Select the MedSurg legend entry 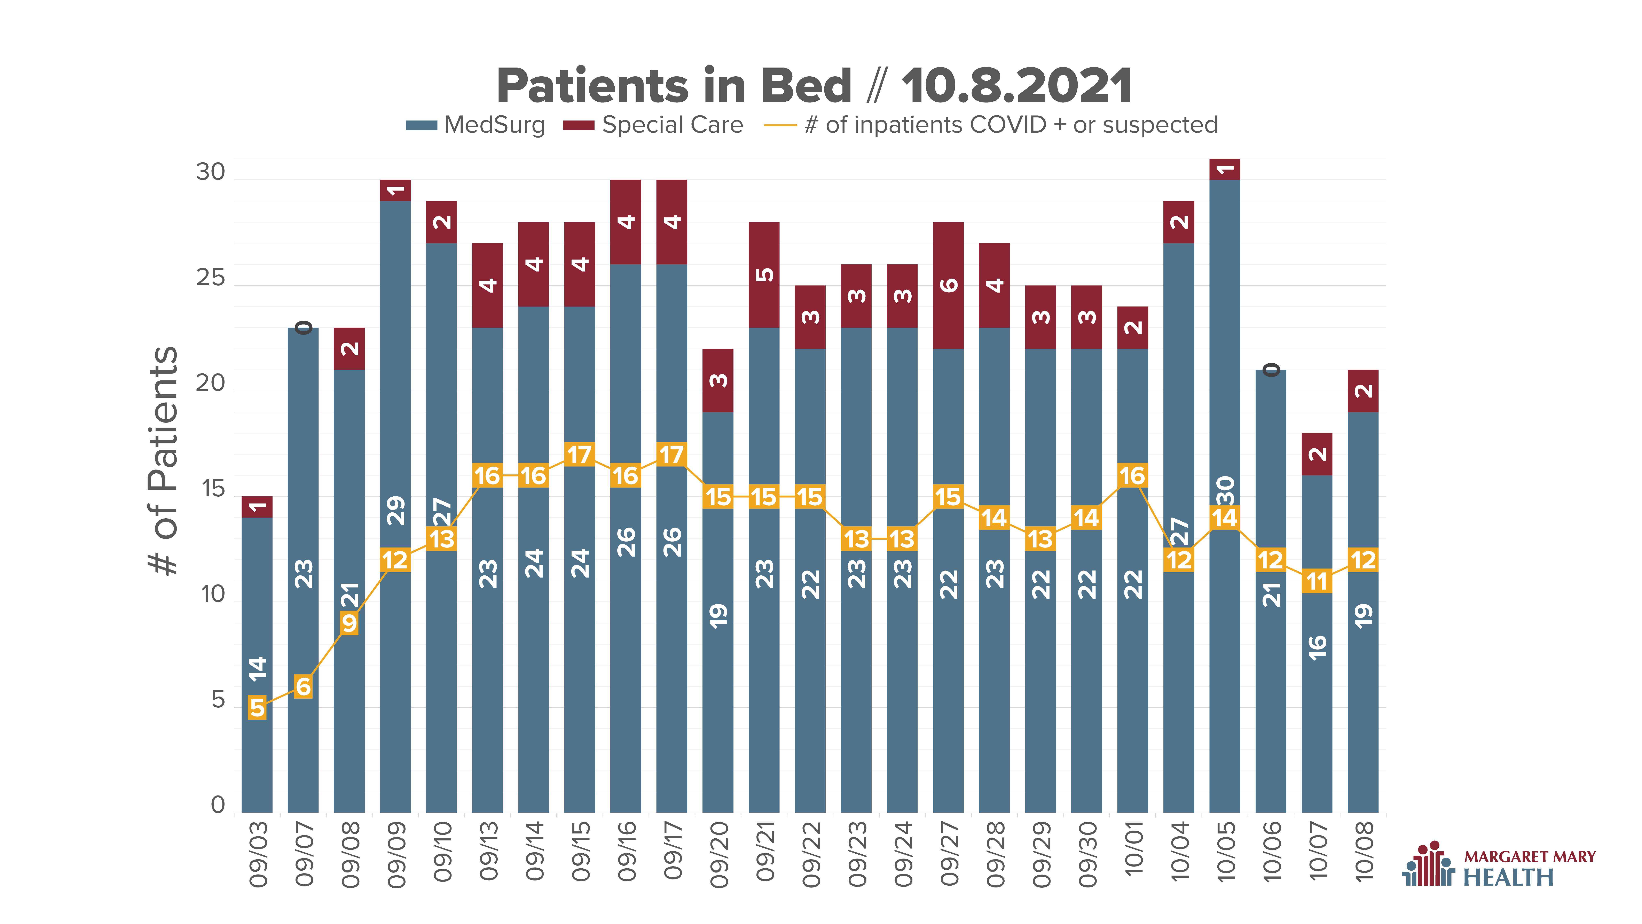coord(476,125)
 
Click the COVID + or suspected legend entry coord(991,125)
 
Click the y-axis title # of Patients coord(163,460)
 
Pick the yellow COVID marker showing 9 coord(349,623)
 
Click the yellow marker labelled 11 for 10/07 coord(1317,581)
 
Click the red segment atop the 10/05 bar coord(1225,169)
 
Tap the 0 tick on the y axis coord(218,805)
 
